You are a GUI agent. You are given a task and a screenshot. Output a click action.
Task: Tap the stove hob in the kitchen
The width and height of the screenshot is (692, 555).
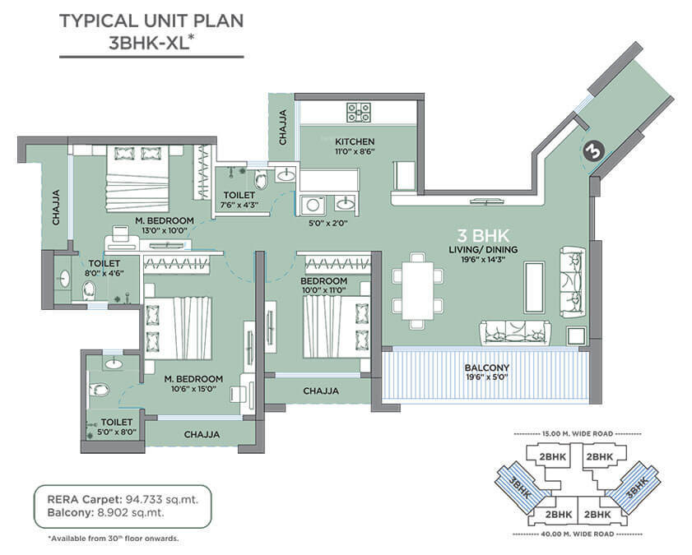[360, 111]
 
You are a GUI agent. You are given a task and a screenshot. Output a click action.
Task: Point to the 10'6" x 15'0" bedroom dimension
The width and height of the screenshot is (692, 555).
[193, 390]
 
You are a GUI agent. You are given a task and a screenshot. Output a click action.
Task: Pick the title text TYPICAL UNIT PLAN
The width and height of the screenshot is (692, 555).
[151, 21]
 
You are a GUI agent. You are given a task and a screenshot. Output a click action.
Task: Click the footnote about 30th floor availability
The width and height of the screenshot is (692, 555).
[113, 539]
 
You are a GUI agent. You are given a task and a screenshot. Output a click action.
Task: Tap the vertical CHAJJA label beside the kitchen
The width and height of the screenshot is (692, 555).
[282, 127]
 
